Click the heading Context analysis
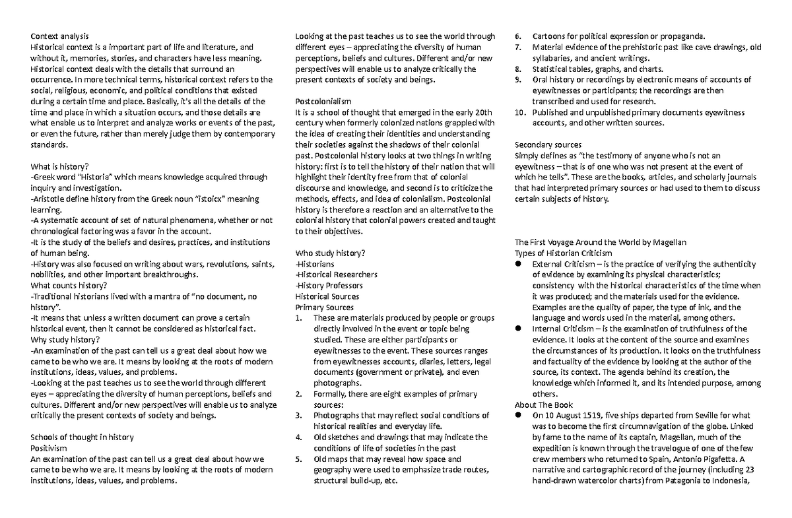point(59,36)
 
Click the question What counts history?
point(69,285)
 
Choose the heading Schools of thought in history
point(82,437)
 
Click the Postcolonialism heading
point(323,101)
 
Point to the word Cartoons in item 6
point(551,36)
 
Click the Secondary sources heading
point(548,145)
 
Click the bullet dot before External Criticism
point(519,264)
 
